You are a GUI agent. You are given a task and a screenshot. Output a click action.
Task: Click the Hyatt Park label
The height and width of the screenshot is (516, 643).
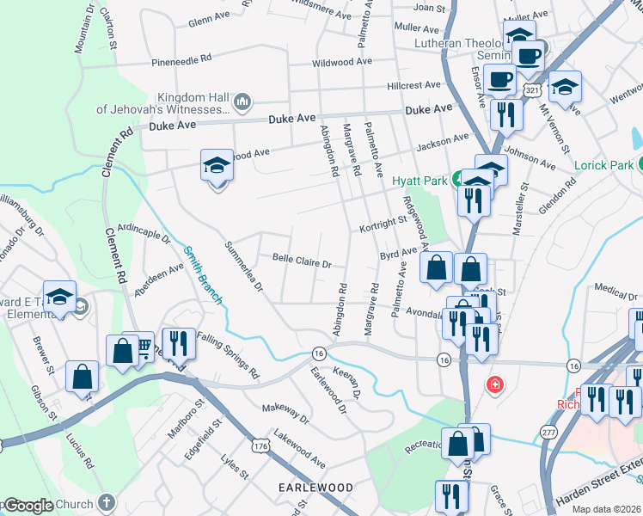click(x=419, y=181)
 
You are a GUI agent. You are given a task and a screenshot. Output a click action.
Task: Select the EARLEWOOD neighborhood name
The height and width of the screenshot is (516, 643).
click(x=315, y=488)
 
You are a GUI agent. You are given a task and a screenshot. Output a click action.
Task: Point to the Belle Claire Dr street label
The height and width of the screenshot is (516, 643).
click(x=302, y=258)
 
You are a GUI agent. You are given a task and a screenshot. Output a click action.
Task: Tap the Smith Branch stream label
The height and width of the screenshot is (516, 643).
click(x=203, y=275)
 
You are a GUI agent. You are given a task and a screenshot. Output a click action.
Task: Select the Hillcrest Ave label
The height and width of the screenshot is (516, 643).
click(x=413, y=86)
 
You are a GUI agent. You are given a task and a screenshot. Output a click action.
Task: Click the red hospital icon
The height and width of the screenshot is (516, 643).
click(x=495, y=384)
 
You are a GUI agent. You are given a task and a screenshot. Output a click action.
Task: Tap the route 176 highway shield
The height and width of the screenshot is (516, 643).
click(x=260, y=445)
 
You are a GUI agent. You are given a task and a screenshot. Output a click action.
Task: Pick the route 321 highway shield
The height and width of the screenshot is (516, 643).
click(x=532, y=89)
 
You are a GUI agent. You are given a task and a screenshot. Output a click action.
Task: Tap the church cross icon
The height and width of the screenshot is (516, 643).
click(x=106, y=502)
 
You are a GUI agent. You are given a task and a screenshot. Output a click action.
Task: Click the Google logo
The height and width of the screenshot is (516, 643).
click(x=28, y=506)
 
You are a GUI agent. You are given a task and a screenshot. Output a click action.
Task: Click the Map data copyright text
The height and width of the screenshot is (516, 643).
click(x=605, y=507)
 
